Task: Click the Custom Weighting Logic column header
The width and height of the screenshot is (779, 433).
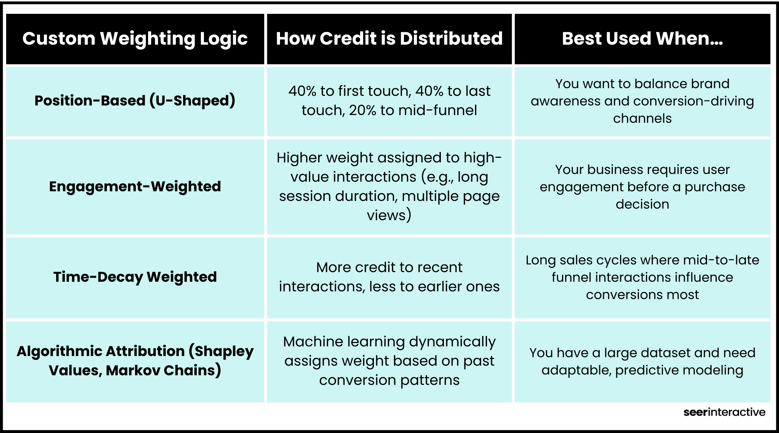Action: coord(135,39)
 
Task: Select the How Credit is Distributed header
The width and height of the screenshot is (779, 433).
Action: coord(389,38)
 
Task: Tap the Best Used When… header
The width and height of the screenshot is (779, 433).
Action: coord(642,38)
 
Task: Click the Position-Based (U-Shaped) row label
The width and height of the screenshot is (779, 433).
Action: coord(135,101)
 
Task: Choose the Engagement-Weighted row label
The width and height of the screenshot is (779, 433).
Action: coord(135,187)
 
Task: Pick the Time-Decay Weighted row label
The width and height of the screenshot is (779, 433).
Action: coord(135,277)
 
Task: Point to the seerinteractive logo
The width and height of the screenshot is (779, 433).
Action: coord(724,412)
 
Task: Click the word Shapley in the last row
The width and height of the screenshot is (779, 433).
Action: coord(224,351)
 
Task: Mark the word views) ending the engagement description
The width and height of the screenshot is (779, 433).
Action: coord(389,215)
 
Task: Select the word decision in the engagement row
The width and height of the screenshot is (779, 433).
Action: coord(642,204)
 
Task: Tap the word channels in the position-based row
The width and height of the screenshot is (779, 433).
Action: coord(642,118)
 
